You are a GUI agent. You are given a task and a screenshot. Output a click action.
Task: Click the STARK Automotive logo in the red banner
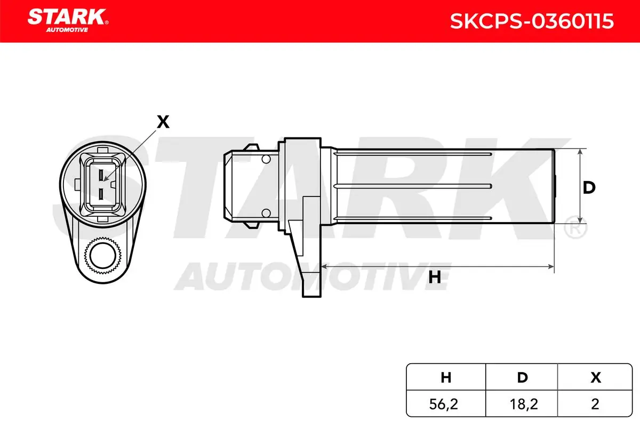point(68,21)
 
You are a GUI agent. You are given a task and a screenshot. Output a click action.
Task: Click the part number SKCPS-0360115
point(532,21)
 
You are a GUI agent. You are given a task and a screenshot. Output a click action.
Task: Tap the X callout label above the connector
point(163,122)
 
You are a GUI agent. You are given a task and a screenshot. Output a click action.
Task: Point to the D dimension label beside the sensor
point(589,187)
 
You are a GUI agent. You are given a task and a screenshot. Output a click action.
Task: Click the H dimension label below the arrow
point(435,277)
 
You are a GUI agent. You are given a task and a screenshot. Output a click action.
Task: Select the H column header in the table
point(446,378)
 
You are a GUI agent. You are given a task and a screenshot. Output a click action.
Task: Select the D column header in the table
point(522,378)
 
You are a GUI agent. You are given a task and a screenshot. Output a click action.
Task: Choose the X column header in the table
point(595,378)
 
